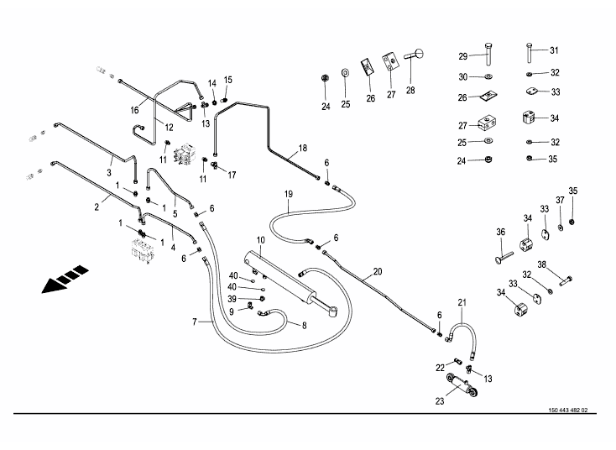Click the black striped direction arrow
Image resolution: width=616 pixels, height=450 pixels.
click(63, 280)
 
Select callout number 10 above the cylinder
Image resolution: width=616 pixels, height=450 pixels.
click(260, 242)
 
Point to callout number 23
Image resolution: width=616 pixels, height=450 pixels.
click(439, 401)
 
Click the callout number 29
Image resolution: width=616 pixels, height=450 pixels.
click(462, 56)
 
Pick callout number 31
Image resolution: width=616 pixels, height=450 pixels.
click(553, 50)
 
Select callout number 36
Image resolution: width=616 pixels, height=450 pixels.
click(500, 232)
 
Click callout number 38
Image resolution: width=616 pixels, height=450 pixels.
click(541, 264)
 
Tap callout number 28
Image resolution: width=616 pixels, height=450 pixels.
click(410, 89)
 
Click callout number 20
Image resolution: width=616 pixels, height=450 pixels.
click(377, 271)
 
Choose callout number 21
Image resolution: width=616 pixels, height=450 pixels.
click(461, 302)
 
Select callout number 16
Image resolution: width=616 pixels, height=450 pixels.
click(134, 110)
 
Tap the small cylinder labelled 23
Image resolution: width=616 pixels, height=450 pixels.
click(463, 388)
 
